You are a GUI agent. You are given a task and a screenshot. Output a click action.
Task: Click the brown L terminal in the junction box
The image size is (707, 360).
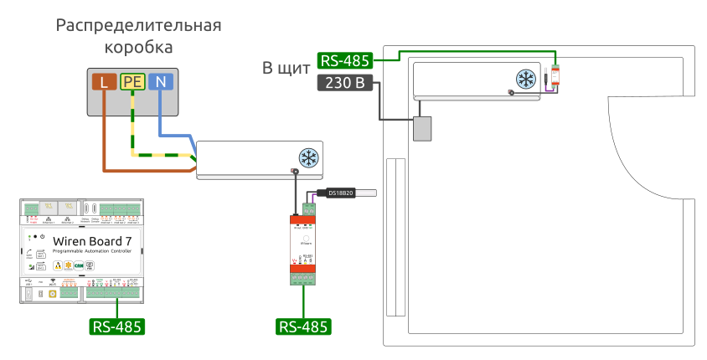point(104,81)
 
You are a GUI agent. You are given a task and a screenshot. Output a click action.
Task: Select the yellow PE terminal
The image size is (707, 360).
point(132,81)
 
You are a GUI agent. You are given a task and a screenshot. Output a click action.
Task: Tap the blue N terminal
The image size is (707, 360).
point(161,81)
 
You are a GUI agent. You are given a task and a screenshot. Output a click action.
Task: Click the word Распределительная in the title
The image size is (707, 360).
point(138,25)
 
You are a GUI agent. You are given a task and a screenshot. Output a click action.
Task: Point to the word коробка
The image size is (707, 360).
point(138,47)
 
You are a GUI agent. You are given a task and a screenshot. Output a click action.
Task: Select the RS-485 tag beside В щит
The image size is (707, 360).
point(344,61)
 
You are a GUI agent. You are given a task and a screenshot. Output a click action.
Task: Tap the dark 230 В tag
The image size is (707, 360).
point(344,83)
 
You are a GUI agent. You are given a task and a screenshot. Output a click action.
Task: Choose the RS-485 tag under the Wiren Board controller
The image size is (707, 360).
point(116,326)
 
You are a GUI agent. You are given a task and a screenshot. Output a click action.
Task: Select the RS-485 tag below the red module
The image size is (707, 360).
point(303,326)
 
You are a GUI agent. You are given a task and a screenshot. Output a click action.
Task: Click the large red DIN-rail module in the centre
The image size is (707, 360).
point(303,247)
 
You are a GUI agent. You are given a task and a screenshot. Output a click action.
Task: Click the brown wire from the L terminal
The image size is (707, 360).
point(104,134)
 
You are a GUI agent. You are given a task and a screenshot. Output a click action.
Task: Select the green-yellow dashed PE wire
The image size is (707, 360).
point(132,126)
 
